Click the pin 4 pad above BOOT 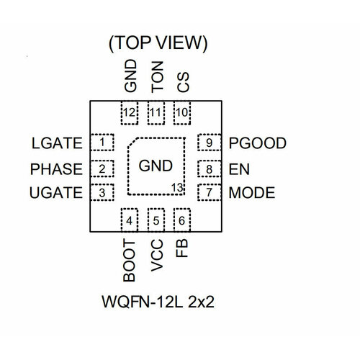[130, 220]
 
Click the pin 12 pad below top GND [130, 112]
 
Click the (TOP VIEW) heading [157, 43]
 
